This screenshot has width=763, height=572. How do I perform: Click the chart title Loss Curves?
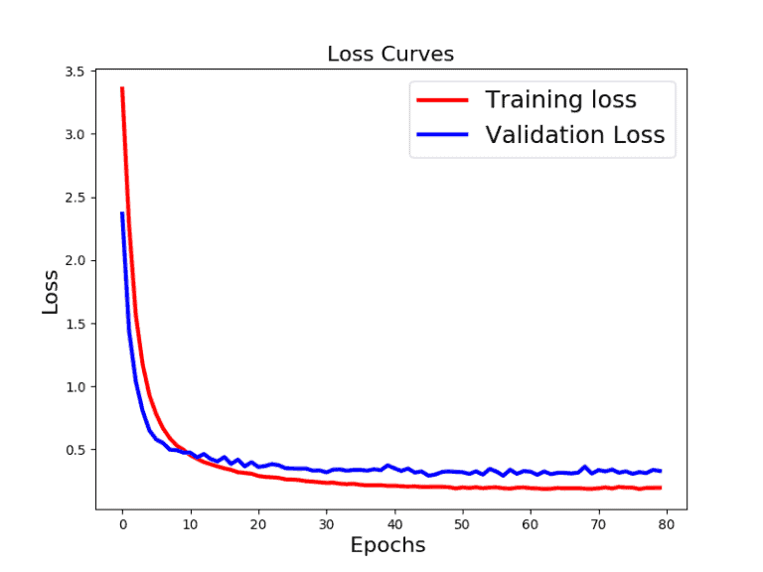click(x=390, y=54)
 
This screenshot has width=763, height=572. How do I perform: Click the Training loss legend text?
click(x=560, y=99)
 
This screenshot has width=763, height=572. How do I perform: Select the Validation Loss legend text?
click(x=574, y=135)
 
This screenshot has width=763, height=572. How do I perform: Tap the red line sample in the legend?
click(x=442, y=100)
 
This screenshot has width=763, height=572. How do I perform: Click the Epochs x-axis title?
click(x=387, y=545)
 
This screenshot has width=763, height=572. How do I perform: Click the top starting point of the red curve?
click(x=122, y=87)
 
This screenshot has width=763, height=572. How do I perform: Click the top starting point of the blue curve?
click(x=122, y=213)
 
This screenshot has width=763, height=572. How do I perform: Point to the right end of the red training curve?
click(x=660, y=488)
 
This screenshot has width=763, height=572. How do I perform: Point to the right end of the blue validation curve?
click(x=660, y=471)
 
